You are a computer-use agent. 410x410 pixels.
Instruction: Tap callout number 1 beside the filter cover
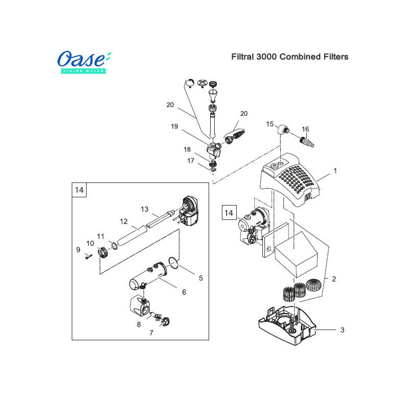[335, 171]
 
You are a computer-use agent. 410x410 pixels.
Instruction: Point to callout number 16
[305, 129]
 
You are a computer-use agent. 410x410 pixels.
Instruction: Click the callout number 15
[270, 124]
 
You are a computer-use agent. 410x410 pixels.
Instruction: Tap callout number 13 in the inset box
[145, 209]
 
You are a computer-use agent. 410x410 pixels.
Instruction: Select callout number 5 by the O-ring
[201, 278]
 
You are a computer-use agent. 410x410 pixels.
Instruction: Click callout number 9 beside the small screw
[78, 250]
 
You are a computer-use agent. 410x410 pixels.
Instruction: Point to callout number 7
[151, 333]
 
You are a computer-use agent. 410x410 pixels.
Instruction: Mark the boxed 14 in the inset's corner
[79, 190]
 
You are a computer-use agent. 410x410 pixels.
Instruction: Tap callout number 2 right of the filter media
[334, 279]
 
